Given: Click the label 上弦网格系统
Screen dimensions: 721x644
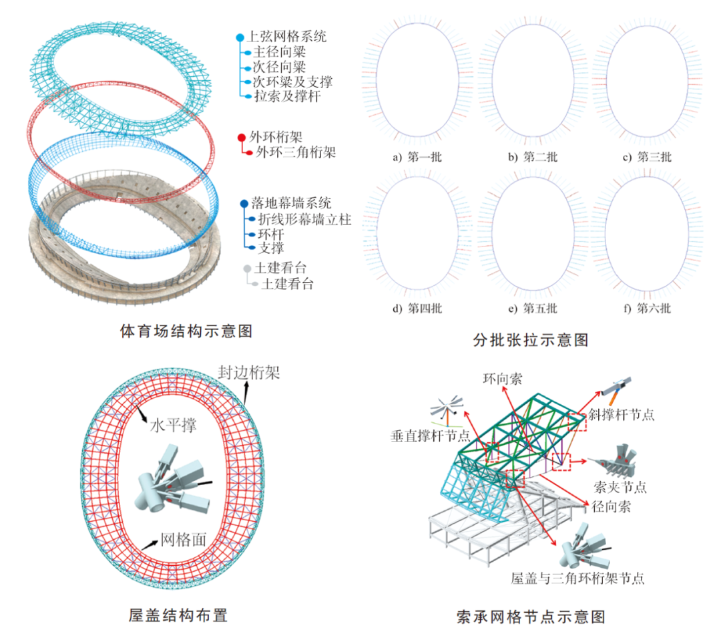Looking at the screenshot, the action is [287, 36].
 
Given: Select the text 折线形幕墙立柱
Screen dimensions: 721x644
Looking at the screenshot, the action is [304, 219].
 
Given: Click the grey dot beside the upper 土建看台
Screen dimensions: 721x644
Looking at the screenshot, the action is [248, 268].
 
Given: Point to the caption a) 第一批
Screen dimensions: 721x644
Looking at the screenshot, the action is [417, 157].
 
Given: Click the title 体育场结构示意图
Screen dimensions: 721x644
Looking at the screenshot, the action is [186, 331].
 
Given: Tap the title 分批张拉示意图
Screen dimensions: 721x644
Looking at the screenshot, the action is [531, 340].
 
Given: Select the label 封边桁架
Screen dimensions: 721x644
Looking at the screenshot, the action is [249, 372].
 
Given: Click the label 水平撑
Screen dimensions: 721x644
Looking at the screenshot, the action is [174, 425].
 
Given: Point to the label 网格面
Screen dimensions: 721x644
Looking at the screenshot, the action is [184, 539].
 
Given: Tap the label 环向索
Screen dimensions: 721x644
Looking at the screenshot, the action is [503, 379].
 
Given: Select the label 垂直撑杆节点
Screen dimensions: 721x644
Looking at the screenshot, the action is [431, 435].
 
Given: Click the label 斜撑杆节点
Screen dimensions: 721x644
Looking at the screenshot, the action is [622, 414].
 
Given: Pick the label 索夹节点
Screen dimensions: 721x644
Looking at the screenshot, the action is [620, 487].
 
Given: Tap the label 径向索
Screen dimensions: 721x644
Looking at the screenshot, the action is [611, 506].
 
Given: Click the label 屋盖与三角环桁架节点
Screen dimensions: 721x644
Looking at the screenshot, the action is [577, 579].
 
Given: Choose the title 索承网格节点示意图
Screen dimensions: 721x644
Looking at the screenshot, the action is [531, 617].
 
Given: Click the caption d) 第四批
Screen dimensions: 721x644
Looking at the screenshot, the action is [417, 308].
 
